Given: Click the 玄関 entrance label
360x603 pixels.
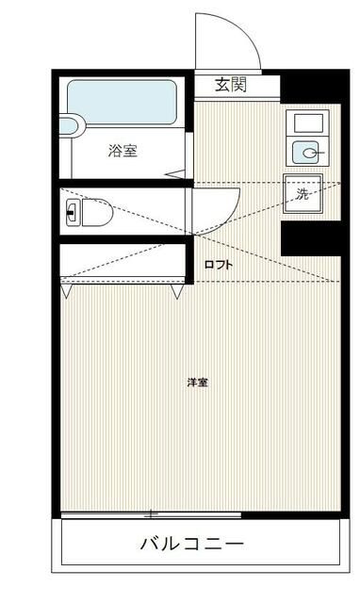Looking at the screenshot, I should pyautogui.click(x=230, y=85).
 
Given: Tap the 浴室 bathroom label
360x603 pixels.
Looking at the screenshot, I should pyautogui.click(x=123, y=150).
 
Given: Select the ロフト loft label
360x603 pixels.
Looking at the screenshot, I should pyautogui.click(x=219, y=265).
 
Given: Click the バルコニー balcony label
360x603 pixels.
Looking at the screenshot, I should pyautogui.click(x=192, y=544).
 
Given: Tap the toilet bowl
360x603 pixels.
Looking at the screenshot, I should pyautogui.click(x=95, y=213).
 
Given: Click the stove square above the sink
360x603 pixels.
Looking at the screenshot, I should pyautogui.click(x=306, y=122).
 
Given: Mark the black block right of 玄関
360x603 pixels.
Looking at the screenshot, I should pyautogui.click(x=306, y=88).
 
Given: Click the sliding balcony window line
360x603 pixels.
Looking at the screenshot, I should pyautogui.click(x=151, y=514).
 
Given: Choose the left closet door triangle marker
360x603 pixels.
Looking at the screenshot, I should pyautogui.click(x=65, y=293).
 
